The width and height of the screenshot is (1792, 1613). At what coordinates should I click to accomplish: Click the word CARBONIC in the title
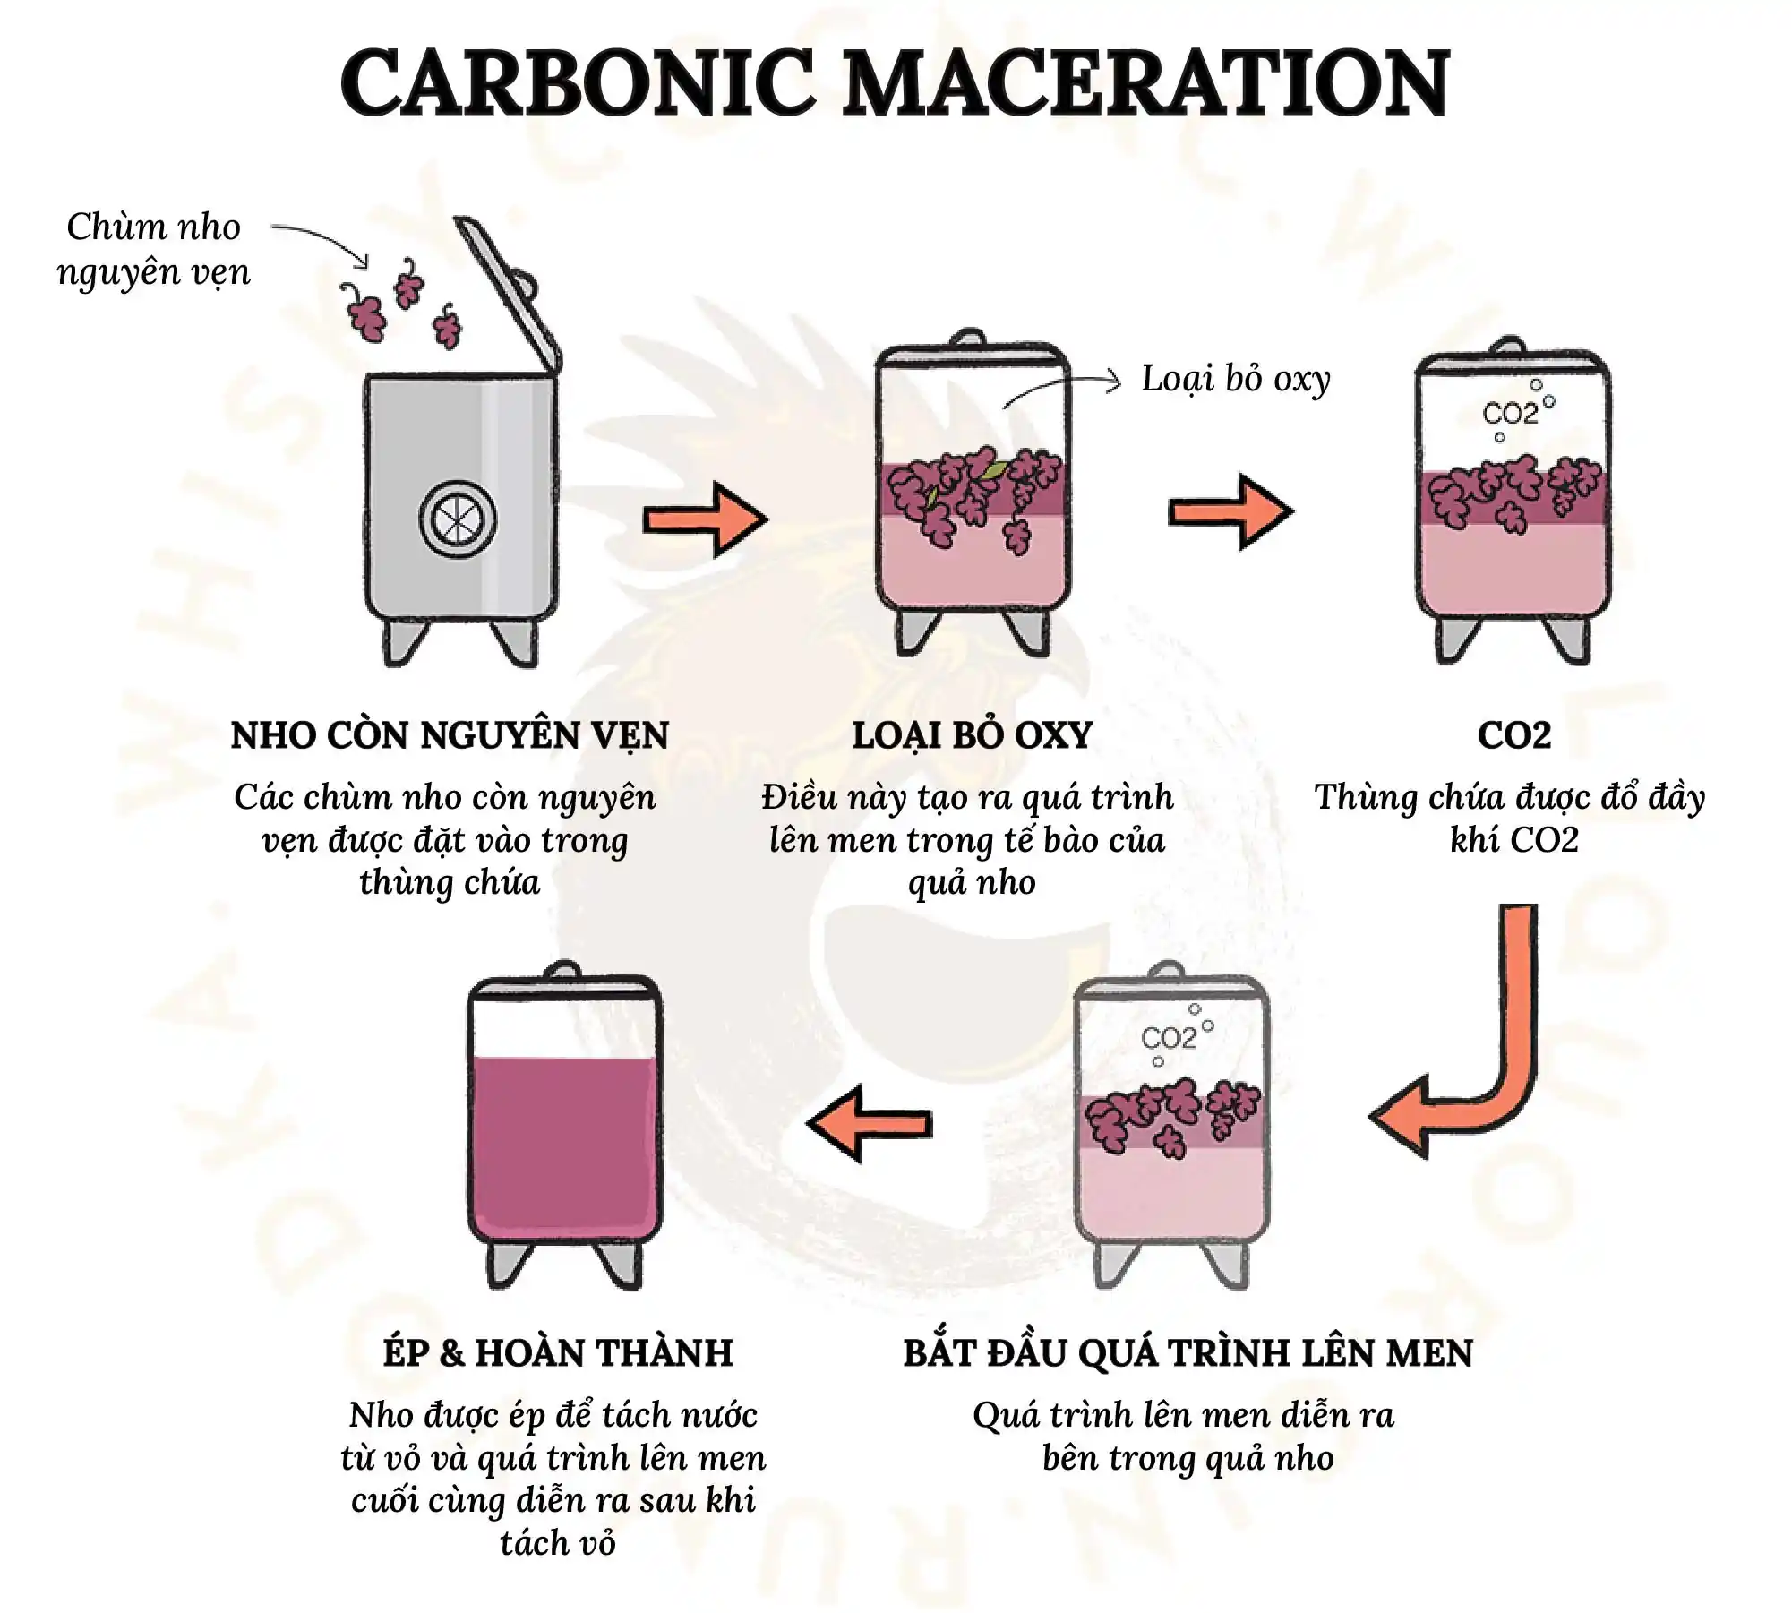point(577,82)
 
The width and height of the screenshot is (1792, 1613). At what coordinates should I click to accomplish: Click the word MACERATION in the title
point(1145,82)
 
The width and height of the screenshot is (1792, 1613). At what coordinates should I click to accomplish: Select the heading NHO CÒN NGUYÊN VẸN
point(450,735)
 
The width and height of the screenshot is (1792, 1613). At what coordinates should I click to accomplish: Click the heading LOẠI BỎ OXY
point(973,736)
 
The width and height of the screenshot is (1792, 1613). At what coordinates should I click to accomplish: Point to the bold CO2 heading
point(1514,735)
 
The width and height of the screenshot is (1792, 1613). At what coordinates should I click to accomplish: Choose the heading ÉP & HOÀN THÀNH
point(558,1353)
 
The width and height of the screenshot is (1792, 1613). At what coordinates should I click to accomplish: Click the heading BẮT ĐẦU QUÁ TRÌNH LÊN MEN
point(1188,1353)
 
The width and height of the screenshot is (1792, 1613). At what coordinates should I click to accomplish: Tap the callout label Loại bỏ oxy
point(1236,379)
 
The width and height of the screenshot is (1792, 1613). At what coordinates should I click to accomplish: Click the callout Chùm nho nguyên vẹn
point(153,250)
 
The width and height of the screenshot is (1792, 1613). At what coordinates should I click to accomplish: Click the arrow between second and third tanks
point(1231,512)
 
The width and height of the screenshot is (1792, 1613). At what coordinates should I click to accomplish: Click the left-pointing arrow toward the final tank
point(869,1124)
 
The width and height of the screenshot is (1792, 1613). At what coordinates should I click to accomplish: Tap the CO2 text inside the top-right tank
point(1511,414)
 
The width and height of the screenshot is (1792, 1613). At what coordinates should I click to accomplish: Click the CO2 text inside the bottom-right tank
point(1169,1038)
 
